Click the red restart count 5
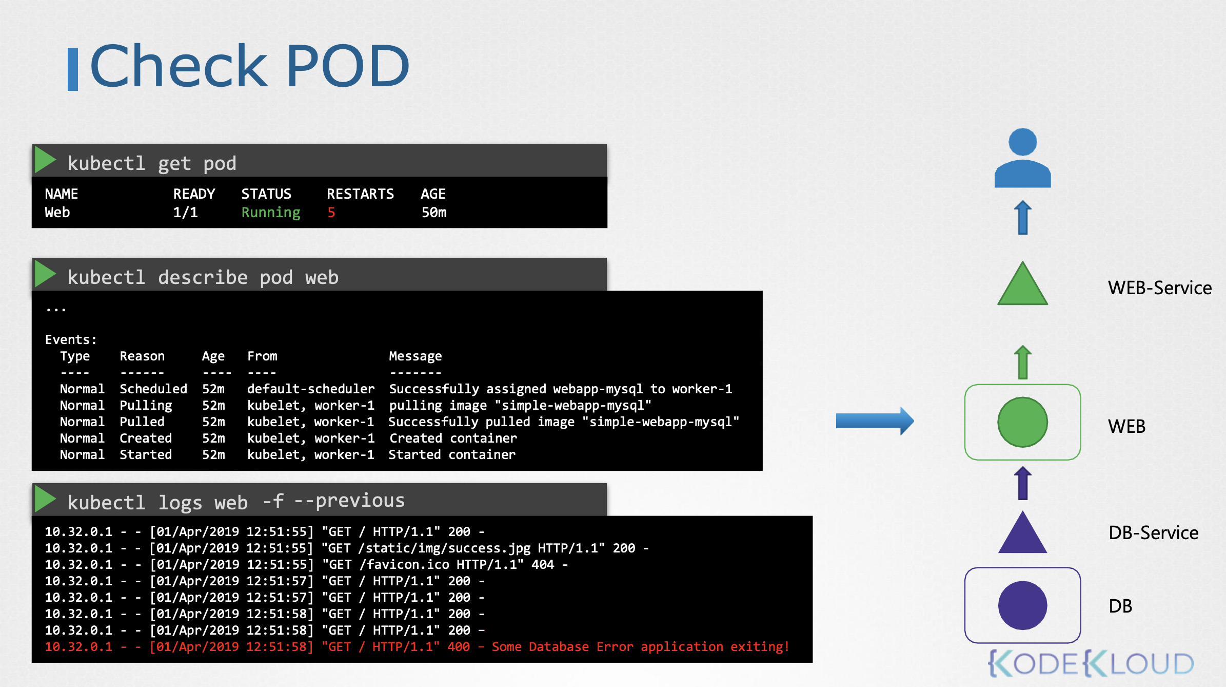[331, 213]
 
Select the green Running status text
[271, 213]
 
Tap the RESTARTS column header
[360, 194]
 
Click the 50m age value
[434, 213]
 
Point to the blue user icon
[1022, 158]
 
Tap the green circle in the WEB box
[1022, 422]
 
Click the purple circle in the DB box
[1022, 605]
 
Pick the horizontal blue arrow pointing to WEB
[875, 421]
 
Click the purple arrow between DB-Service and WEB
[1023, 483]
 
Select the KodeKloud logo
[1091, 663]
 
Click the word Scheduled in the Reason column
[153, 389]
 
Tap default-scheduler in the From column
[311, 389]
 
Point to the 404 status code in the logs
[543, 565]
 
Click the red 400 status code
[459, 647]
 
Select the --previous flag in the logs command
[349, 501]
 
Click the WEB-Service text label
[1160, 288]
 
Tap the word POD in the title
[348, 66]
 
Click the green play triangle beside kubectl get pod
[45, 160]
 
